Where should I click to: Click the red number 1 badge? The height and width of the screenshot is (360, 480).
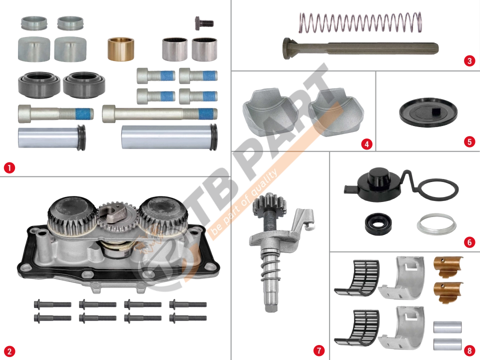9,168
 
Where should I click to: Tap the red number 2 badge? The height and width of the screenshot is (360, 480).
9,351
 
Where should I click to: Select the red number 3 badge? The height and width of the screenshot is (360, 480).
469,61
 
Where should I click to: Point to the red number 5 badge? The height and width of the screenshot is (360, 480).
469,141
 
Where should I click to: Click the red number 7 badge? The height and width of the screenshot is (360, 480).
319,350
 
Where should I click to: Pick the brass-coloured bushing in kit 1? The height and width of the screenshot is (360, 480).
120,49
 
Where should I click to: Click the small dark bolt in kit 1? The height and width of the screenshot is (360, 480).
204,23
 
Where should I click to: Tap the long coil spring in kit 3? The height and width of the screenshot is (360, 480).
360,22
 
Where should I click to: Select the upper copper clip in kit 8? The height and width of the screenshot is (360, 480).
448,266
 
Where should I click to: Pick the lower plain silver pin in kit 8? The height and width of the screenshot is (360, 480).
447,344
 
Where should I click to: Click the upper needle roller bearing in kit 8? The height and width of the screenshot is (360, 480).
357,278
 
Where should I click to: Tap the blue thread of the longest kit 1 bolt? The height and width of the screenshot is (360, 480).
207,114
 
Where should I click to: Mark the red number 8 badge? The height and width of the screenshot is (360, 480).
469,350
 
